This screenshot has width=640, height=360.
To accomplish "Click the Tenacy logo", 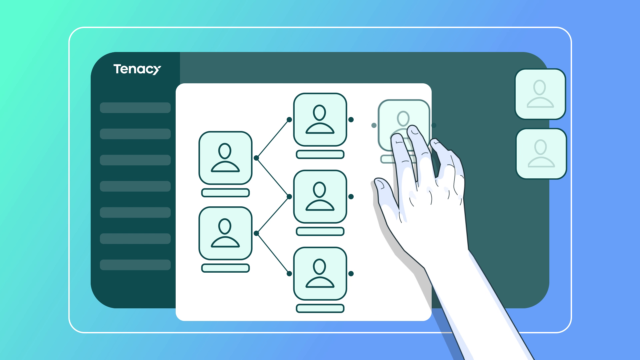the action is [137, 69].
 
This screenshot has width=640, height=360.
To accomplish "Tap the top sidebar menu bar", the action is [135, 108].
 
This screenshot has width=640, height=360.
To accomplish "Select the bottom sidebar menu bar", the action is [135, 265].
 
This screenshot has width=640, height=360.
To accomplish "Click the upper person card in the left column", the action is [225, 158].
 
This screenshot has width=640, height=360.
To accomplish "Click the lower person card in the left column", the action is [225, 233].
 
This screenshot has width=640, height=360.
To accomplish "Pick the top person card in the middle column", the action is [320, 119].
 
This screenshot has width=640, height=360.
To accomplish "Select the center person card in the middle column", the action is [320, 196].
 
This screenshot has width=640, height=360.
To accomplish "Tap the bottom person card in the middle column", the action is [320, 273].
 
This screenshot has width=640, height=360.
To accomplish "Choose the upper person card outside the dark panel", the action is [540, 94].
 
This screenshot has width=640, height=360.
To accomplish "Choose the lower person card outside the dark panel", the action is [541, 154].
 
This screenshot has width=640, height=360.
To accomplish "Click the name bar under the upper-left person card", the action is [225, 193].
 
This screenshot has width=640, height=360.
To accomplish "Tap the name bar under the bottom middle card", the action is [320, 308].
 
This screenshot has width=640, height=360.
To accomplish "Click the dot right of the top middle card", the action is [351, 120].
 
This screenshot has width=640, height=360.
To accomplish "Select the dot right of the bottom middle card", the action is [351, 274].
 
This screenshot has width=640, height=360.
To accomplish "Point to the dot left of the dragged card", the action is [374, 125].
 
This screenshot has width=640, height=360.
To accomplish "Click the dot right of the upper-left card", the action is [256, 158].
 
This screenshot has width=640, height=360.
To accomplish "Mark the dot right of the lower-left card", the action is [256, 233].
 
